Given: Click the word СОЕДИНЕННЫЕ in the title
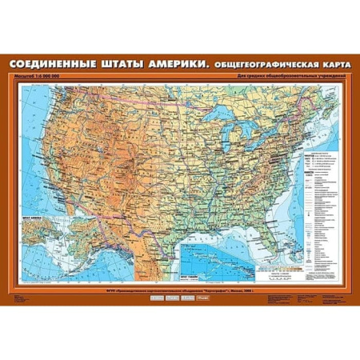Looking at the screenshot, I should (x=52, y=65).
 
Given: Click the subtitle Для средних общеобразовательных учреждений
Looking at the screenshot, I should (x=290, y=76).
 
